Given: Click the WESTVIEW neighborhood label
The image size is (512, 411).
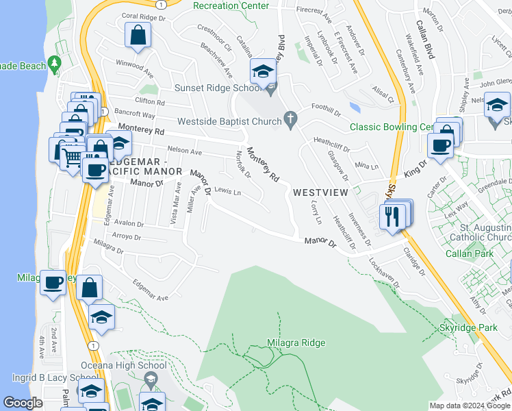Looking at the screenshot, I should coord(322,192).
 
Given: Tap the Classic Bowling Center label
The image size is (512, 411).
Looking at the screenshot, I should coord(392,127).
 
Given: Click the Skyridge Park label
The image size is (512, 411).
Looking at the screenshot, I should coord(468,327).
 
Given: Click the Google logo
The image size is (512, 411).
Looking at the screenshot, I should coord(23,403).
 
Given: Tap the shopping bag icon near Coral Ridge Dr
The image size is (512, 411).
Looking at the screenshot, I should coord(138,37).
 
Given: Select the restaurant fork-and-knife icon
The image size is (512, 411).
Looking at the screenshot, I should coord(392,216).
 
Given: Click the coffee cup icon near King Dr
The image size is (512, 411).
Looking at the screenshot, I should coord(440,146).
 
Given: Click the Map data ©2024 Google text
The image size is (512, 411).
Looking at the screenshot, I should coord(469,405).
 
